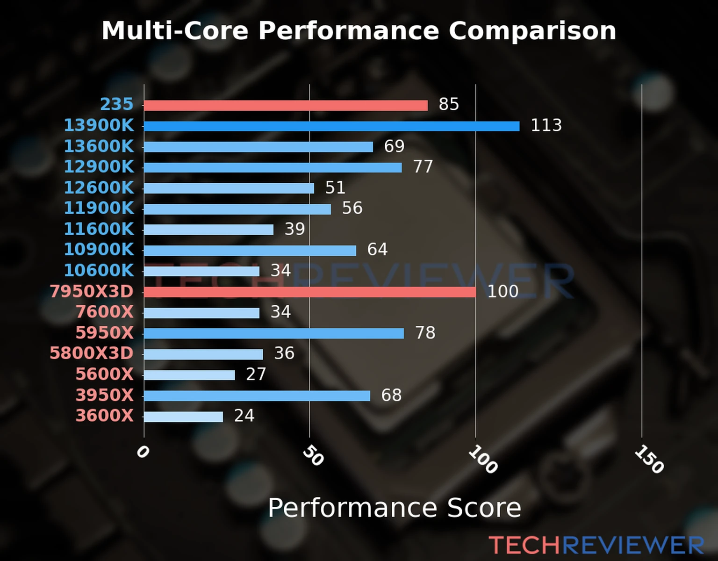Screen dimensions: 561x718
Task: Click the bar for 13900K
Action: [x=331, y=126]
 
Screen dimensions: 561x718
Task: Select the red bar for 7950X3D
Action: [x=309, y=292]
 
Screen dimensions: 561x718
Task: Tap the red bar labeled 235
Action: [x=286, y=106]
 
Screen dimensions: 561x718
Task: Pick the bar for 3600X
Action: [x=183, y=417]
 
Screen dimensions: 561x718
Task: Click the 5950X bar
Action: [x=274, y=333]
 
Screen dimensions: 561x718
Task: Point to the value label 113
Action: [x=546, y=125]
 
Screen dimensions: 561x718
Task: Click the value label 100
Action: [x=503, y=291]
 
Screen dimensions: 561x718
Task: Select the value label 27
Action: [x=256, y=374]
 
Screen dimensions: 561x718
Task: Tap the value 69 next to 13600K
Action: [x=394, y=146]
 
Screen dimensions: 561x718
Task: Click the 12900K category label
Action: [x=99, y=166]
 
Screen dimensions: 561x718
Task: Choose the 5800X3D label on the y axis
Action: [x=92, y=353]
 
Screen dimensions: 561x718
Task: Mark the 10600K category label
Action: [x=99, y=270]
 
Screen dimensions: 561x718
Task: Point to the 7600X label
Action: [x=105, y=311]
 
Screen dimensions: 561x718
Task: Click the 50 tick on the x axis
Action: [x=313, y=456]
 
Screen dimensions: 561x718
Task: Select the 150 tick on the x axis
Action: [x=649, y=460]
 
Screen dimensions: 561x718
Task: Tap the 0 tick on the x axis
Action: [x=143, y=452]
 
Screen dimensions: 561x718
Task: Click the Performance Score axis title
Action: [x=394, y=508]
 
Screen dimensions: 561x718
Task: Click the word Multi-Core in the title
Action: [x=175, y=31]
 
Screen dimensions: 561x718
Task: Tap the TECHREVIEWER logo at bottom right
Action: [x=596, y=545]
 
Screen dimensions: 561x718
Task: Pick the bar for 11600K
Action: [x=208, y=230]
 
